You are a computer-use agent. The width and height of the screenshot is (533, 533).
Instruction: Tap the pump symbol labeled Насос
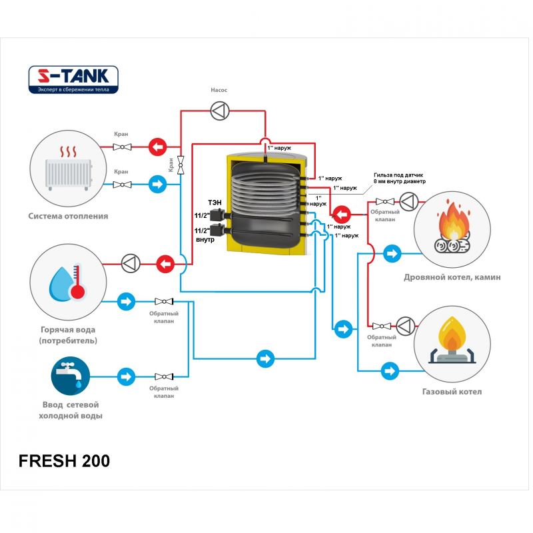pyautogui.click(x=219, y=110)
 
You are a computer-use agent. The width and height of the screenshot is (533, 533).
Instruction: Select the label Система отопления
pyautogui.click(x=68, y=216)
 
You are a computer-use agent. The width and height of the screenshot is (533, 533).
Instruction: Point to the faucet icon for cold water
pyautogui.click(x=68, y=377)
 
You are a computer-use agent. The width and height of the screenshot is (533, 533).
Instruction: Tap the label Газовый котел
pyautogui.click(x=452, y=392)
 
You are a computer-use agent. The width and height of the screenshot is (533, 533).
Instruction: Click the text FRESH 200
pyautogui.click(x=64, y=460)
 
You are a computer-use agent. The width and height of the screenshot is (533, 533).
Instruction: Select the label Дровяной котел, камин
pyautogui.click(x=452, y=277)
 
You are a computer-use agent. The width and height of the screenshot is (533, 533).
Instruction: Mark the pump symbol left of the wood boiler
pyautogui.click(x=408, y=201)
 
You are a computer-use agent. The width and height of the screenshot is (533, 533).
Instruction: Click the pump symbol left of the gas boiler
pyautogui.click(x=408, y=326)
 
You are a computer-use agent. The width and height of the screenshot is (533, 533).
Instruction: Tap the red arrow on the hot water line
pyautogui.click(x=166, y=264)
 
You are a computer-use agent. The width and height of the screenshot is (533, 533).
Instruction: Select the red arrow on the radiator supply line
pyautogui.click(x=157, y=146)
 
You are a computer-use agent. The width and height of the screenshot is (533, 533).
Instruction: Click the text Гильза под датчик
pyautogui.click(x=399, y=175)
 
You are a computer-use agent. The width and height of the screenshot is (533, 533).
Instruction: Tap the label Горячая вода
pyautogui.click(x=68, y=330)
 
